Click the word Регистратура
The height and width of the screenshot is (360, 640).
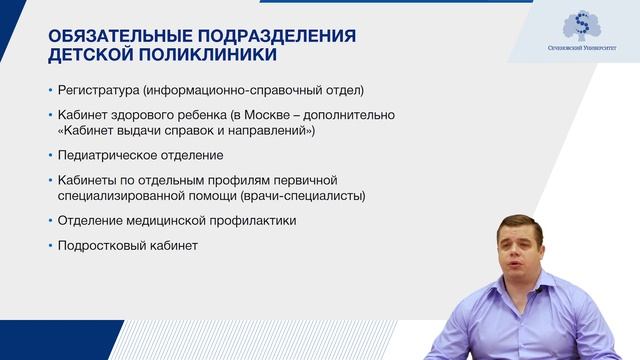pos(100,88)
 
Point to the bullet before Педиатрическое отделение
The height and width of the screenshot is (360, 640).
pos(50,155)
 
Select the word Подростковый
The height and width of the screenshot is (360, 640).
pos(102,244)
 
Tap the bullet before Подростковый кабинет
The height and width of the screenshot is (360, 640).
pos(50,244)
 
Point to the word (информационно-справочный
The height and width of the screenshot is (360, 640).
pos(239,88)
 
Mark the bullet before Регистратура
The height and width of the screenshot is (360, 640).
pos(50,88)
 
